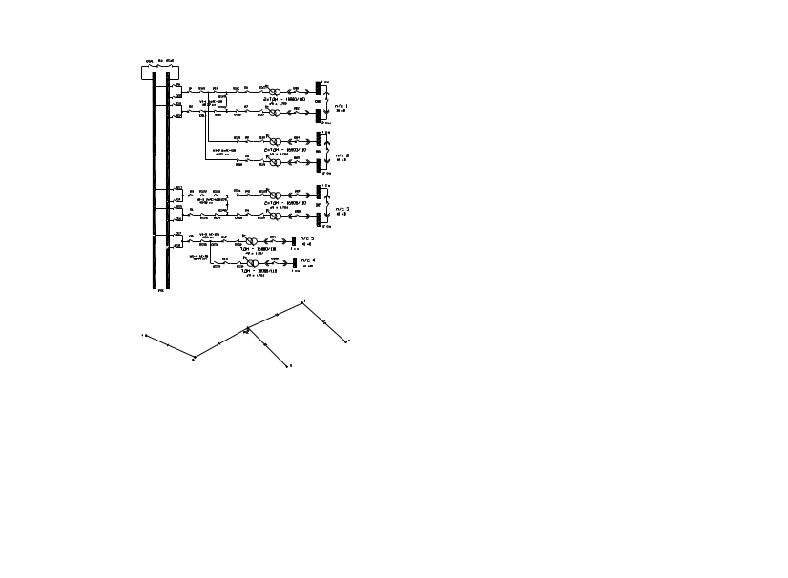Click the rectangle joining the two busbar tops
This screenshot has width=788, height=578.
[x=160, y=72]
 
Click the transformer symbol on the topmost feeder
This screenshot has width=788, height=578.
[x=273, y=93]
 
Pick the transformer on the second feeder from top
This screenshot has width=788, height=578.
[x=273, y=113]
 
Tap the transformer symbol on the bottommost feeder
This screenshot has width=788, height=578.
[x=252, y=262]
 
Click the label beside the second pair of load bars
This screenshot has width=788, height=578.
[x=342, y=155]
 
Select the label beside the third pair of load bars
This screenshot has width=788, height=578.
[x=342, y=209]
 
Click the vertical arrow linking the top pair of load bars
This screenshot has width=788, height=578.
[x=327, y=102]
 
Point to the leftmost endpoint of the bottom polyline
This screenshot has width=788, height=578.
[x=144, y=335]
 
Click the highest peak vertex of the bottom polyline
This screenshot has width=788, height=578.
[x=303, y=302]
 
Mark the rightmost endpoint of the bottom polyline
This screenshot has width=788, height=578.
[x=345, y=341]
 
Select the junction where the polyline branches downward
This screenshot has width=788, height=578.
[x=247, y=329]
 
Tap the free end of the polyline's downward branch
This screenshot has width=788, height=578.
[x=288, y=365]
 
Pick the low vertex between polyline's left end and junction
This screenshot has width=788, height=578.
[x=194, y=358]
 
